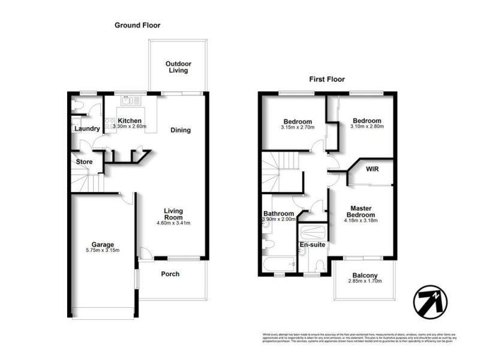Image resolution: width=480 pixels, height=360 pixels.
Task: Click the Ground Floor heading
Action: [137, 25]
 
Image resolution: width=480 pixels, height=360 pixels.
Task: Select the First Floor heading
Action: [326, 79]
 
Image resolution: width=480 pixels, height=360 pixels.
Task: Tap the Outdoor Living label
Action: [177, 67]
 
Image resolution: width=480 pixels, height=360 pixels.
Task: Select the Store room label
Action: [83, 162]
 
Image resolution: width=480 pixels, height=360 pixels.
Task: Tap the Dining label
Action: [180, 130]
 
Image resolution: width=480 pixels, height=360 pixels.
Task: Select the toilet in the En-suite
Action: [320, 266]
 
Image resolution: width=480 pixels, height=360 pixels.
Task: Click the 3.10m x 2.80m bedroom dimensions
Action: [367, 128]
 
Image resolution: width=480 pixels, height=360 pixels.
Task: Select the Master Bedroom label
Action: [363, 212]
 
